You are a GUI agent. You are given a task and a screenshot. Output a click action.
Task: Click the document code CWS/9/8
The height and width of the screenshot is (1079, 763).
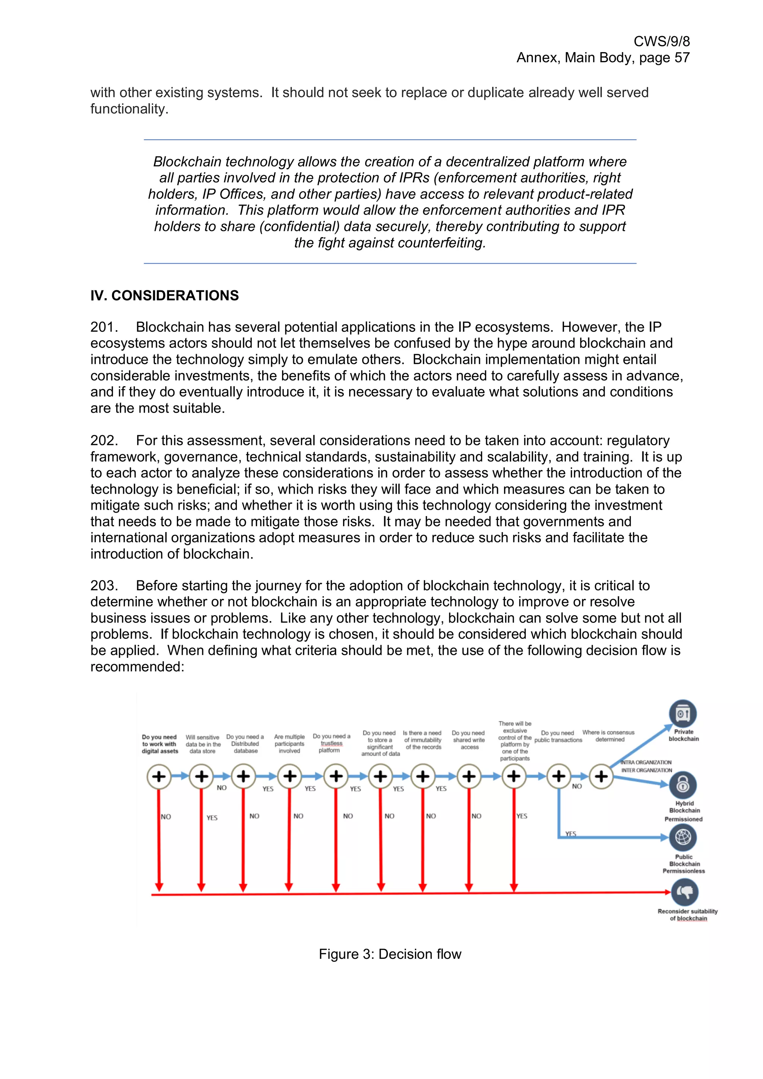(x=661, y=41)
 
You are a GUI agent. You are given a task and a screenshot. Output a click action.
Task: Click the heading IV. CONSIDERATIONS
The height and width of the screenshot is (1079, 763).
(x=165, y=296)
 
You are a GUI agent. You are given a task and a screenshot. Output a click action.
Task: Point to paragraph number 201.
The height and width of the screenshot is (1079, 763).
(x=104, y=327)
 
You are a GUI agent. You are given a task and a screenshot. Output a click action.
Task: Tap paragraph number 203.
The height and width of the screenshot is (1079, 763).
(x=104, y=586)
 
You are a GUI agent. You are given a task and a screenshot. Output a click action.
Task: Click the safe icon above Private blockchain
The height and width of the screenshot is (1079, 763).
(x=683, y=713)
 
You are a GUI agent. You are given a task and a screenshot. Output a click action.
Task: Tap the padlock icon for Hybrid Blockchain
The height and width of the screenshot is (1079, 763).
(x=683, y=784)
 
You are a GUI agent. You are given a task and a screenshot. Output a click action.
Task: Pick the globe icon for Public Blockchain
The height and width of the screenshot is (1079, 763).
(x=683, y=837)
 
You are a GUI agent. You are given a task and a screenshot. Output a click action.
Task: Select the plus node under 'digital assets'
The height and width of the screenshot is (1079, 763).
(x=159, y=776)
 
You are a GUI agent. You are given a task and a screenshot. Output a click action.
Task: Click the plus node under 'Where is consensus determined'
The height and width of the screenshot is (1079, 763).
(x=601, y=776)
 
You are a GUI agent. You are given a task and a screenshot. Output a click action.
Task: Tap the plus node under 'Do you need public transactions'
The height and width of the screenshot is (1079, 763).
(x=558, y=776)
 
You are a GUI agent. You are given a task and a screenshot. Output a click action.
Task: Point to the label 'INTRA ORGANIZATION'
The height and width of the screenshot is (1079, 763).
(x=646, y=762)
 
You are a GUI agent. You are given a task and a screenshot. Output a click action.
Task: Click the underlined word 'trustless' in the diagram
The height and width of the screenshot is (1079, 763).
(x=332, y=744)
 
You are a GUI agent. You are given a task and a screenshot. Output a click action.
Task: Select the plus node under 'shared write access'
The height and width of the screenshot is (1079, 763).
(x=468, y=776)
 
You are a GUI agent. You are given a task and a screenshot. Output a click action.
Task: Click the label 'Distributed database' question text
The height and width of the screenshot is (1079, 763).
(x=245, y=744)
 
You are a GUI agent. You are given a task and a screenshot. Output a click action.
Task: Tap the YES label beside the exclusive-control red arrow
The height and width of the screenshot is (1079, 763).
(x=522, y=816)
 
